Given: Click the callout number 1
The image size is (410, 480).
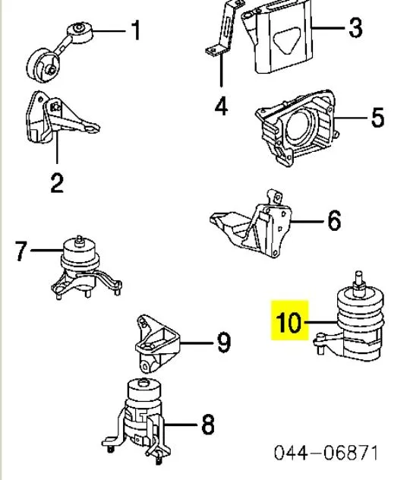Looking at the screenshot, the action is pyautogui.click(x=136, y=30).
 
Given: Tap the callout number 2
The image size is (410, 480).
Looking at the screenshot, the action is pyautogui.click(x=57, y=183).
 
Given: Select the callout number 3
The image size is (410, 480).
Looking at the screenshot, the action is pyautogui.click(x=355, y=27).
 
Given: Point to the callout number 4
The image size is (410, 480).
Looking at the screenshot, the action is pyautogui.click(x=221, y=106).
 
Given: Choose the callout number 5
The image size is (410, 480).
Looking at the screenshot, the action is pyautogui.click(x=377, y=117).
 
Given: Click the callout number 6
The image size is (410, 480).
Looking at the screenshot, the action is pyautogui.click(x=334, y=220).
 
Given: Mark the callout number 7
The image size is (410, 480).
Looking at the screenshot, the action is pyautogui.click(x=21, y=251).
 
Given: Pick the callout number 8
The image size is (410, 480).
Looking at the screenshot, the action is pyautogui.click(x=208, y=425).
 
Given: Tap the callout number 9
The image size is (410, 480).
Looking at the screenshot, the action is pyautogui.click(x=224, y=343).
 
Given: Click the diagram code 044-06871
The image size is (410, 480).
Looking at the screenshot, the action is pyautogui.click(x=326, y=453).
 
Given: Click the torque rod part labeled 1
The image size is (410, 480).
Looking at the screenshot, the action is pyautogui.click(x=58, y=52).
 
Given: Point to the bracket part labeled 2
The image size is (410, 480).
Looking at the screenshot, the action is pyautogui.click(x=61, y=118).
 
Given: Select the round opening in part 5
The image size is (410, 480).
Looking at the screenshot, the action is pyautogui.click(x=298, y=125).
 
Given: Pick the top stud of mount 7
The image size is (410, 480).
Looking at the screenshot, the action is pyautogui.click(x=79, y=240).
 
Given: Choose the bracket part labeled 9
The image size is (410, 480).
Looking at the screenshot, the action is pyautogui.click(x=157, y=343).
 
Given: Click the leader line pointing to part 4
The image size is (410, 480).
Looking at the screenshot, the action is pyautogui.click(x=221, y=71).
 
